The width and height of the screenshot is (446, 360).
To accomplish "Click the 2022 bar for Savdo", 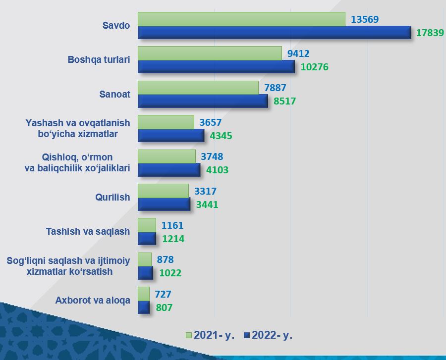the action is click(x=275, y=32).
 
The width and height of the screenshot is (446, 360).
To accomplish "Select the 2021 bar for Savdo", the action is click(x=241, y=19).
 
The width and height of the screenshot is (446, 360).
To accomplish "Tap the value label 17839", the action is click(x=430, y=33).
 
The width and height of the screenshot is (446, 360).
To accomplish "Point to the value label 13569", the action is click(x=365, y=19).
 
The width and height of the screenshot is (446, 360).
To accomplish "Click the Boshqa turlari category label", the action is click(x=99, y=59).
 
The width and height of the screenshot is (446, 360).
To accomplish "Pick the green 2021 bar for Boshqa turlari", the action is click(x=210, y=53).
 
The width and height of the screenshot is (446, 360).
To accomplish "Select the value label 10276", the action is click(x=314, y=67).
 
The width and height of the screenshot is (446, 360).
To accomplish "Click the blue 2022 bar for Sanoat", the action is click(x=203, y=101).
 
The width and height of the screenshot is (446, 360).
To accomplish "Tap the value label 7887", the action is click(x=275, y=88).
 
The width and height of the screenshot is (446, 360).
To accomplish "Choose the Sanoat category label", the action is click(x=114, y=94).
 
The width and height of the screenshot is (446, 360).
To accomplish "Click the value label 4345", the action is click(x=221, y=136).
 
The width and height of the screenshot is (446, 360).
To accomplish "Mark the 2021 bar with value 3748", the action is click(x=167, y=156).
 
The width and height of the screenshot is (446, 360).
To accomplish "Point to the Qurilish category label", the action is click(x=112, y=197).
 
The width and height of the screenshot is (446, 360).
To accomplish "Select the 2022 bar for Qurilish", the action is click(x=164, y=204).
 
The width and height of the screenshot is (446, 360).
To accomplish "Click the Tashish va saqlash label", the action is click(x=88, y=232).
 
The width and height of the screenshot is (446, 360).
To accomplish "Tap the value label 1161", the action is click(x=172, y=225).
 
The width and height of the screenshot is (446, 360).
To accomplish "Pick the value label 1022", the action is click(x=170, y=273).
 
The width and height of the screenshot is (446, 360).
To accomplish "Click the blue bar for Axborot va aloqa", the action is click(x=144, y=307).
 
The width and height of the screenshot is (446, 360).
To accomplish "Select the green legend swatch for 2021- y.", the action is click(x=189, y=335).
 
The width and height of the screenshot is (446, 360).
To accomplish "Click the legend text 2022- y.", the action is click(x=272, y=335).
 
